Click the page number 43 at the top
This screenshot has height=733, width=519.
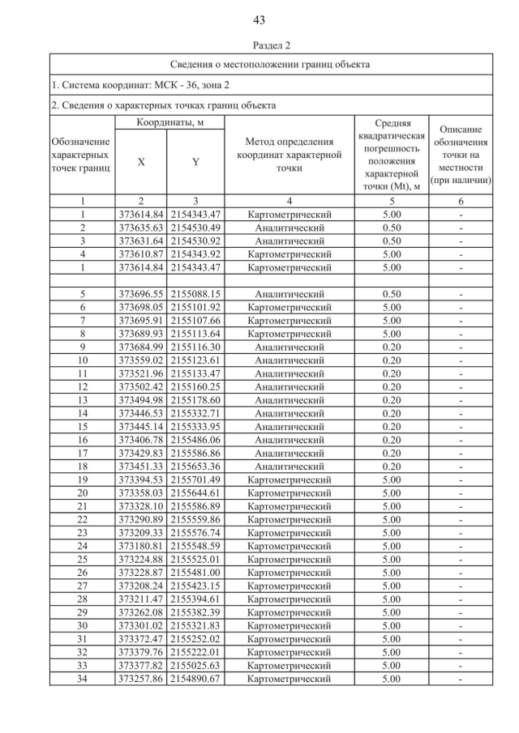[259, 19]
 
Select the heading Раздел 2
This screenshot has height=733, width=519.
[259, 45]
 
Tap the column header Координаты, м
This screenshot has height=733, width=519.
[169, 121]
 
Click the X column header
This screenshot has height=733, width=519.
[141, 161]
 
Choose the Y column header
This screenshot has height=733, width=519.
[195, 161]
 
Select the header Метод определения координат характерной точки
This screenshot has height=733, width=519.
[289, 155]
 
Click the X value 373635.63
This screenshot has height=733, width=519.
[141, 228]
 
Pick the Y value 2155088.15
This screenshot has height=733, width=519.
[195, 294]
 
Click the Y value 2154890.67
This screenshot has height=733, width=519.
[195, 679]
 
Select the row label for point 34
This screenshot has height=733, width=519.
[83, 679]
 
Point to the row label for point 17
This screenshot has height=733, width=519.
[83, 452]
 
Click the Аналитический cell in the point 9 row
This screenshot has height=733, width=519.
[289, 347]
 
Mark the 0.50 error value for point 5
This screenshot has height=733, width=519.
[392, 294]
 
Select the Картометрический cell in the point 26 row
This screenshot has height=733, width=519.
[289, 573]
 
